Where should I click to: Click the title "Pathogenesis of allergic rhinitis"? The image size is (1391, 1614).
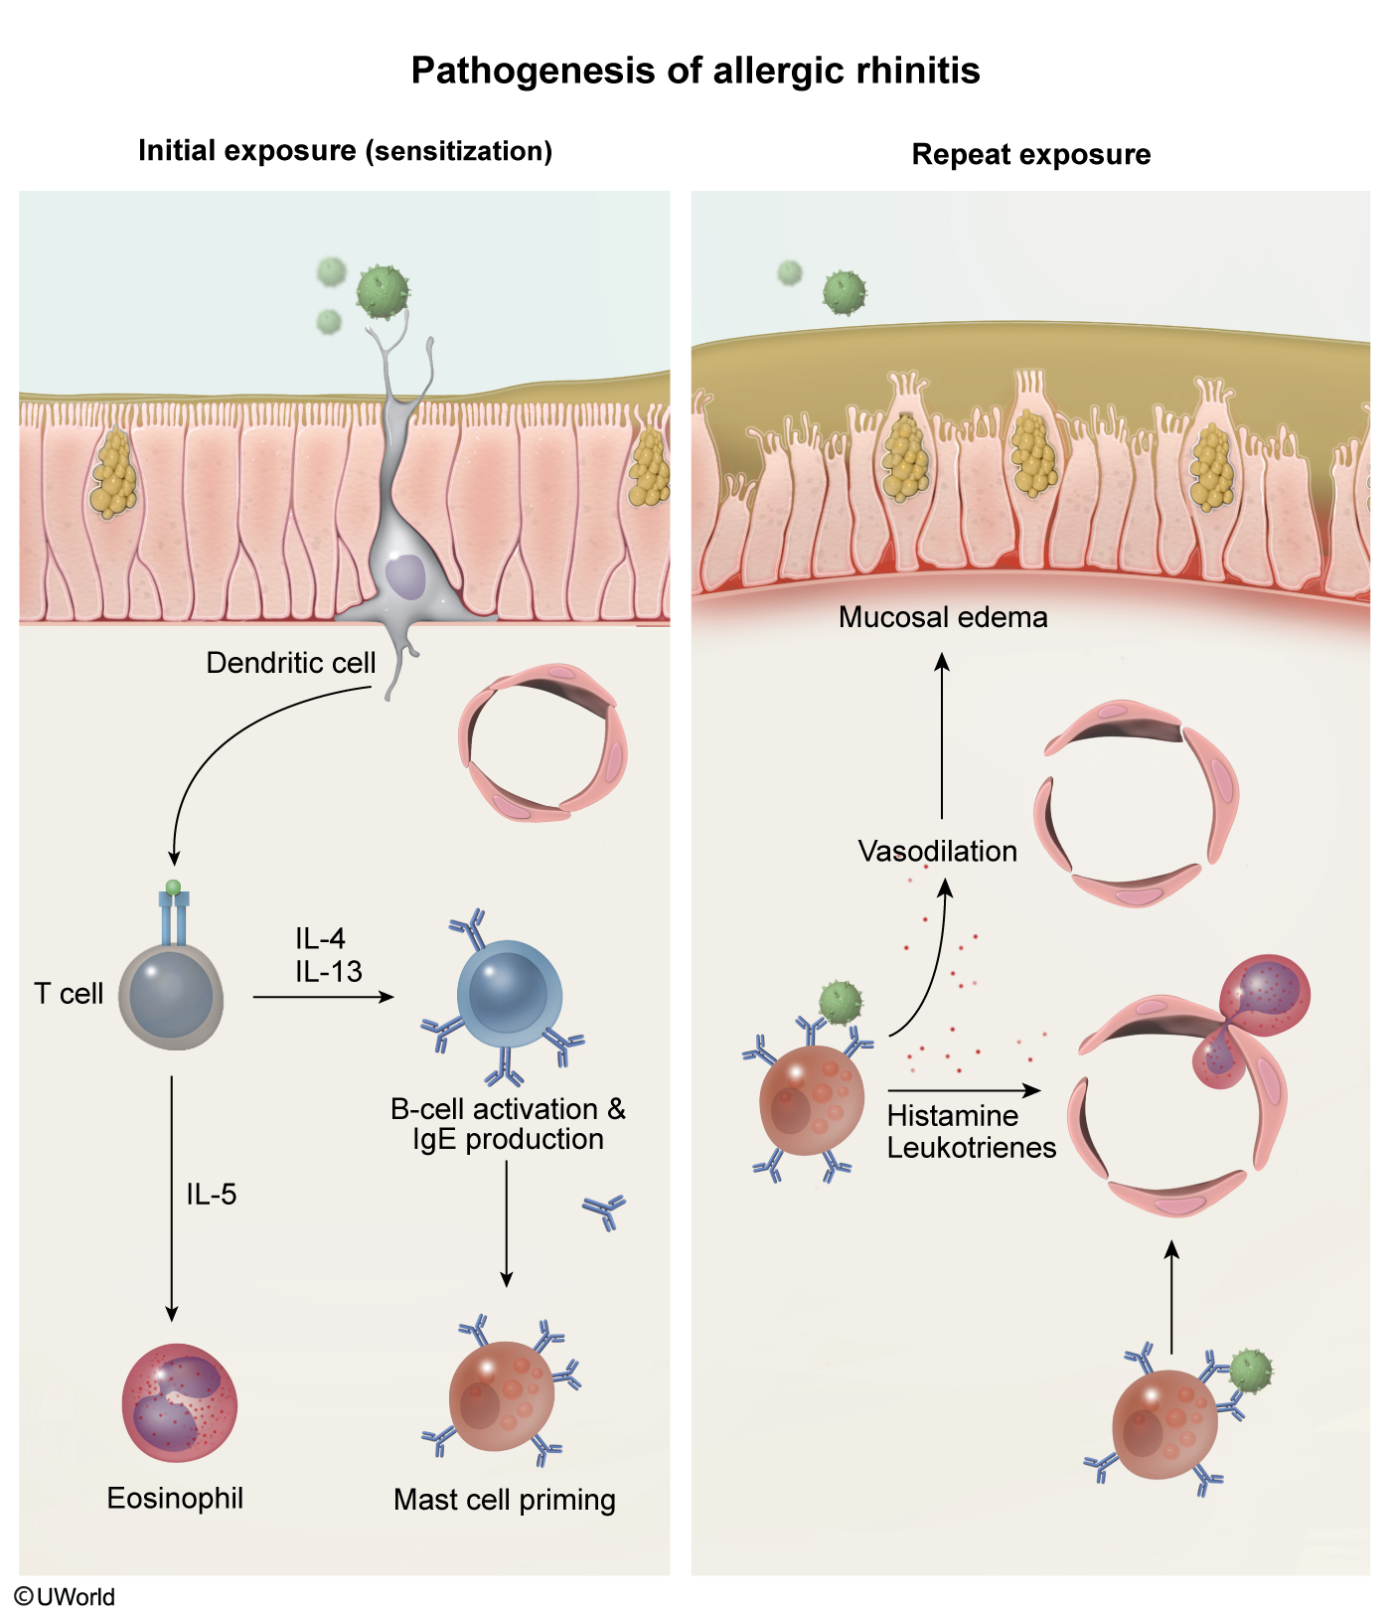695,72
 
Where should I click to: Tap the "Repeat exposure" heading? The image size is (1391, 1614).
1031,155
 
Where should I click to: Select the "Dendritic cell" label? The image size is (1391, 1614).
291,663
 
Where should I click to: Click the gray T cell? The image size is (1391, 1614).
171,995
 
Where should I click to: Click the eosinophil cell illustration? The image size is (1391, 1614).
180,1403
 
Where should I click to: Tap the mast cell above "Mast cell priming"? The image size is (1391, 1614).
502,1395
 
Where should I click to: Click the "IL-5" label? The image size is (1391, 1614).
212,1195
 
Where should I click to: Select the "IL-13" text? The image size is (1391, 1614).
329,972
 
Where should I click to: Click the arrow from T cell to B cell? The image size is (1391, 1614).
324,997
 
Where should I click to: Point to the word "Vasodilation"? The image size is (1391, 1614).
938,852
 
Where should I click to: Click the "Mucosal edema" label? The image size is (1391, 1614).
943,617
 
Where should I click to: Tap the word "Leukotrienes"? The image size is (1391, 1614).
972,1148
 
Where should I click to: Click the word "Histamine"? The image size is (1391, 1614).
953,1116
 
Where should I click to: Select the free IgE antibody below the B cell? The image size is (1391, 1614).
604,1211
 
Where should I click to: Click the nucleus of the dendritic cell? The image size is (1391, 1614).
404,577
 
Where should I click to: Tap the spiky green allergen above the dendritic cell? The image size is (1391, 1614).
384,291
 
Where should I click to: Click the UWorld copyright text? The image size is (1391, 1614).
65,1596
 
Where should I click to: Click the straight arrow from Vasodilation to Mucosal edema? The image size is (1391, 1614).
942,735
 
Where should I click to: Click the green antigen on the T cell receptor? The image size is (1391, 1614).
174,887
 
